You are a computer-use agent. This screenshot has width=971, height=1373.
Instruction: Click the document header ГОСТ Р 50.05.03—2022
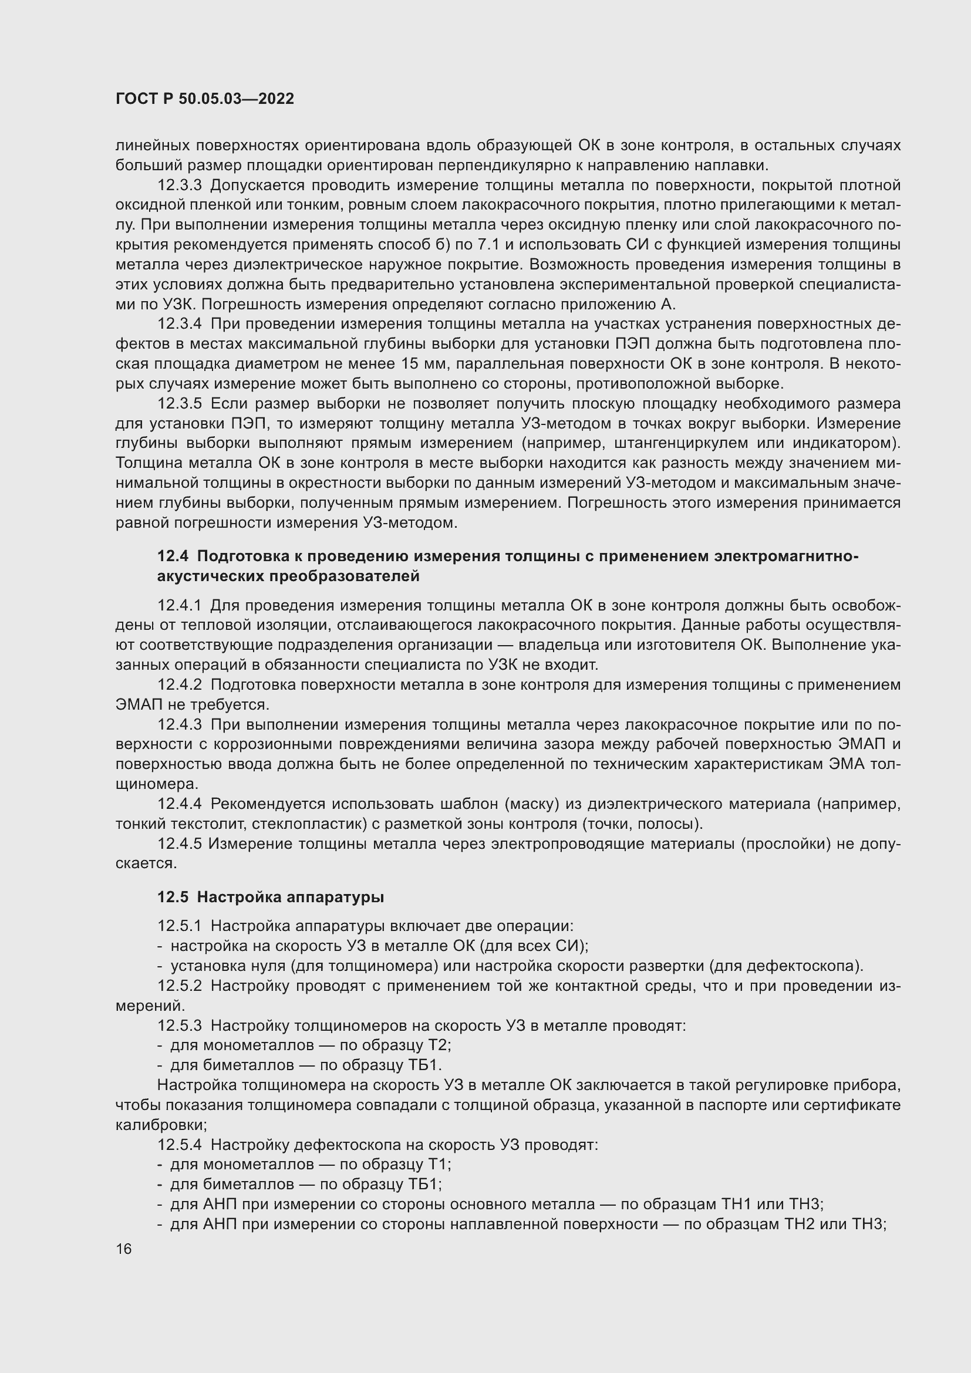coord(204,99)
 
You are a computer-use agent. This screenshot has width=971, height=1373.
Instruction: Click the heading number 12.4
coord(172,556)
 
